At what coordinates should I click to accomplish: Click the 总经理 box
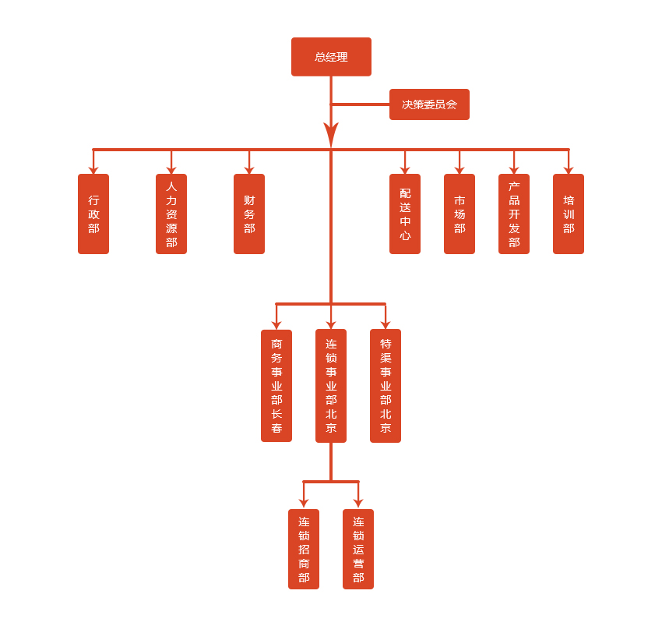[x=331, y=57]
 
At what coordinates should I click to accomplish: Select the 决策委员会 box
[x=429, y=104]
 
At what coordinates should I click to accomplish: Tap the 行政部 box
[x=93, y=214]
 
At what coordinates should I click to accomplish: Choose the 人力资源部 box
[x=171, y=214]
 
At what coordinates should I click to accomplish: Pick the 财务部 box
[x=249, y=214]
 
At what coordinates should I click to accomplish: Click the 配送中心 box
[x=405, y=214]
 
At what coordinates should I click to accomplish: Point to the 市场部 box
[x=460, y=214]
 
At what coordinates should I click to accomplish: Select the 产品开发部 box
[x=514, y=214]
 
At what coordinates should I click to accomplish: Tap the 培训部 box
[x=569, y=214]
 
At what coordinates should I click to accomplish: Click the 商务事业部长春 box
[x=276, y=385]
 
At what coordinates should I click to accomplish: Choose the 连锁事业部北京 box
[x=331, y=385]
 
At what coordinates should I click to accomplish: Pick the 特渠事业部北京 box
[x=386, y=385]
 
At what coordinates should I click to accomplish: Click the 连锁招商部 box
[x=304, y=549]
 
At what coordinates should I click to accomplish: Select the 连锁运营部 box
[x=358, y=549]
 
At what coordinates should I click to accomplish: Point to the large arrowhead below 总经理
[x=331, y=134]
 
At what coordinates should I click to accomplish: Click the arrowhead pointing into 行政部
[x=93, y=169]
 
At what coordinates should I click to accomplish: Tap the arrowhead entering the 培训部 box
[x=569, y=169]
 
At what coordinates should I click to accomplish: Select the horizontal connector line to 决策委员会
[x=360, y=104]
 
